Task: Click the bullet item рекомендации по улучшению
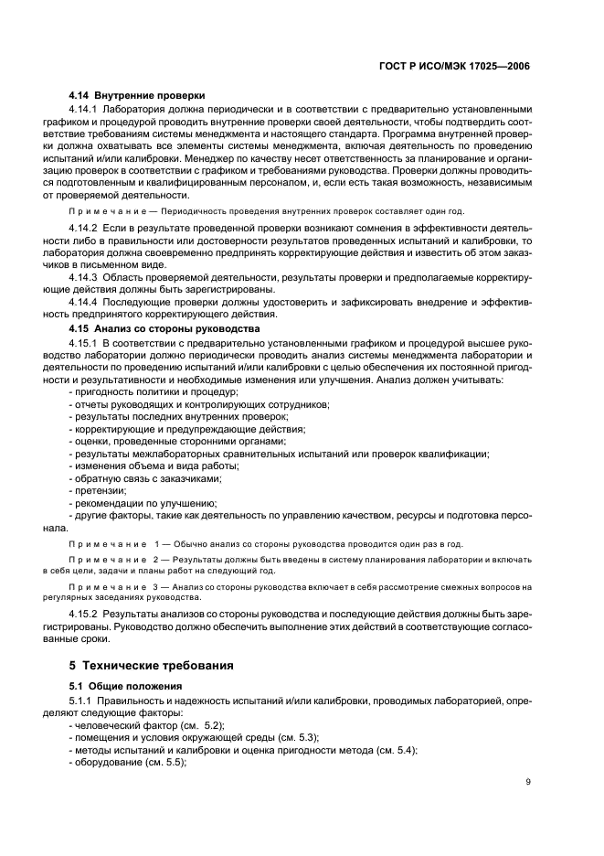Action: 144,503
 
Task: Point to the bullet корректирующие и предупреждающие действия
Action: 189,429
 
